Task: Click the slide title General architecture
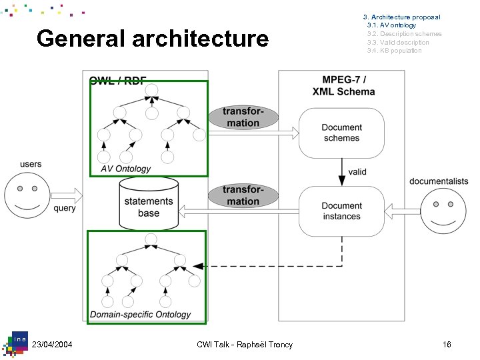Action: coord(153,39)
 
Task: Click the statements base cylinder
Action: coord(149,203)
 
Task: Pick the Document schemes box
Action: coord(341,133)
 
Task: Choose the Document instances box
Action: coord(341,211)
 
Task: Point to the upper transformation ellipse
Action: coord(243,117)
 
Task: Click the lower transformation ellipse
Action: coord(243,195)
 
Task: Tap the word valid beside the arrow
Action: coord(357,171)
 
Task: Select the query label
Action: coord(65,208)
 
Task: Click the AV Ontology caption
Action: coord(126,169)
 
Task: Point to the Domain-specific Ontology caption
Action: coord(140,314)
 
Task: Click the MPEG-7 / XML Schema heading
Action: coord(343,85)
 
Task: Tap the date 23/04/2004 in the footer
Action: coord(52,344)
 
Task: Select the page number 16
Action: coord(447,344)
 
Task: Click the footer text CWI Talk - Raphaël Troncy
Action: coord(245,344)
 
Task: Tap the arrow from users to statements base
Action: coord(66,195)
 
